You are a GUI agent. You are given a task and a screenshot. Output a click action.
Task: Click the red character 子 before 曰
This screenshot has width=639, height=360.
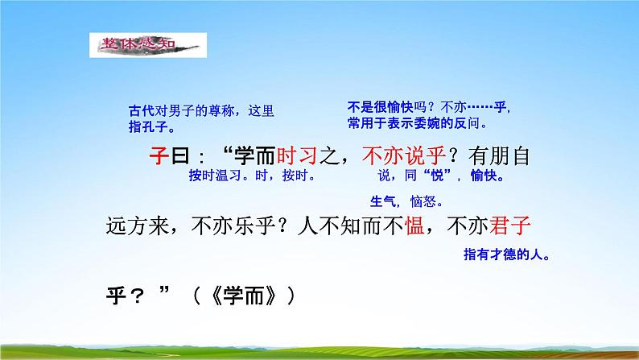[159, 154]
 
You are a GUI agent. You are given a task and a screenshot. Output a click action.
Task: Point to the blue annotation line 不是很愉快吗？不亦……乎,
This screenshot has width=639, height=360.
[428, 109]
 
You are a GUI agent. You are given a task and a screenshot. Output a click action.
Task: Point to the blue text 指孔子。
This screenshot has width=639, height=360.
[153, 126]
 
